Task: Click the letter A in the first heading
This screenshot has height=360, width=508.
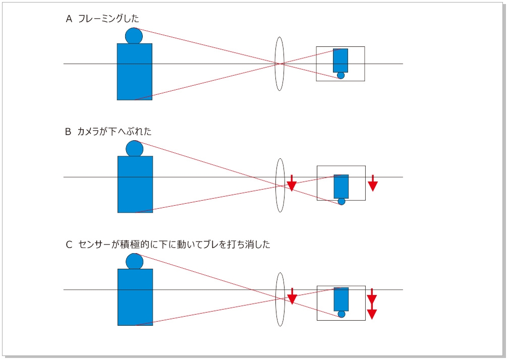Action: point(69,19)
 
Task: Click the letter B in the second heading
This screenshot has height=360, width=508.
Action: point(69,132)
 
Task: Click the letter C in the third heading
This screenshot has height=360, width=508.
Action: point(69,245)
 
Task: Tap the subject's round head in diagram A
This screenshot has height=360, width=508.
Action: point(134,36)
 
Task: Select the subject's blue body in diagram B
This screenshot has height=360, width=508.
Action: point(135,184)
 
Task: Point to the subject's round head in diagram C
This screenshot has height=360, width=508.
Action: point(135,261)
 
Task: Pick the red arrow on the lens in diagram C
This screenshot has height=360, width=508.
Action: point(291,296)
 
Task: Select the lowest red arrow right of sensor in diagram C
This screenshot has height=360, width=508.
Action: point(372,314)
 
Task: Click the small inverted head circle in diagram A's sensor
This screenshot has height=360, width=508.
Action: point(341,76)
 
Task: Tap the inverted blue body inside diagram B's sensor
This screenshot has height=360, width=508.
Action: point(341,187)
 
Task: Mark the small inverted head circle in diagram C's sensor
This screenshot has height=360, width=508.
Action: point(342,314)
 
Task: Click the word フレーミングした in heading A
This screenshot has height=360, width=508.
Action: point(108,19)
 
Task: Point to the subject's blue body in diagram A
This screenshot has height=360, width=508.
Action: point(135,72)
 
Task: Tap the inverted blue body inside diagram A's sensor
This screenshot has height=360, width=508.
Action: point(341,61)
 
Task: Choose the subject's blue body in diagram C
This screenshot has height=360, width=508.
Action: point(135,297)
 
